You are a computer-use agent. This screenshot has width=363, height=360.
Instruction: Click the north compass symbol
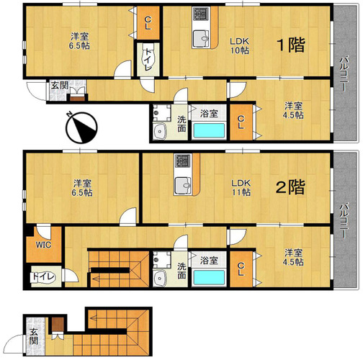[x=82, y=127]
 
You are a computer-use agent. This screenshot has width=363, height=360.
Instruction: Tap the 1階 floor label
[x=291, y=45]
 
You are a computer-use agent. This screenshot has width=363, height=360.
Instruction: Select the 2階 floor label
[x=290, y=186]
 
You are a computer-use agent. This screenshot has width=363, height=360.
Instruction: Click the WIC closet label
[x=43, y=245]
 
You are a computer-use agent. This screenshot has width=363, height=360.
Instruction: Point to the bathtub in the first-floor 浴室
[x=209, y=130]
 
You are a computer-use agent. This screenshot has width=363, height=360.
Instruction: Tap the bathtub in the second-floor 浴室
[x=209, y=277]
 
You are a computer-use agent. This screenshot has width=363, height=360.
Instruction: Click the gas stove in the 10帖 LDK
[x=201, y=14]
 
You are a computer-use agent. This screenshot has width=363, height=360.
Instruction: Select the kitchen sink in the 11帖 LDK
[x=183, y=186]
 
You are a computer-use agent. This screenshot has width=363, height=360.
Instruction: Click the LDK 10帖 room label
[x=240, y=45]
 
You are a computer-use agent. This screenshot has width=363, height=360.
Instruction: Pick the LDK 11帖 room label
[x=241, y=188]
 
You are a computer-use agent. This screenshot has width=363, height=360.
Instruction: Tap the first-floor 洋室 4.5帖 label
[x=293, y=110]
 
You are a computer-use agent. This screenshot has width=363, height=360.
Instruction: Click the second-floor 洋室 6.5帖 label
[x=82, y=188]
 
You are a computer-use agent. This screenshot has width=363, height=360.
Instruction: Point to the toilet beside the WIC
[x=43, y=277]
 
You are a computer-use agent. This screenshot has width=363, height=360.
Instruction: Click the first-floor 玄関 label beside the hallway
[x=60, y=86]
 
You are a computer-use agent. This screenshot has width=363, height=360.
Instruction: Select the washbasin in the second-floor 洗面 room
[x=159, y=278]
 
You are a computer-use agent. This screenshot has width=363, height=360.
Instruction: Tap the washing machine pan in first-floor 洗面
[x=162, y=113]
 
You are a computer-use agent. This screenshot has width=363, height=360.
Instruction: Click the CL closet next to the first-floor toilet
[x=148, y=23]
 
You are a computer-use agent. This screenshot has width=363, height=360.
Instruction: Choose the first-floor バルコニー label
[x=344, y=73]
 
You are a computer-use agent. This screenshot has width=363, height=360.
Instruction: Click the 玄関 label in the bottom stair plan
[x=34, y=337]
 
